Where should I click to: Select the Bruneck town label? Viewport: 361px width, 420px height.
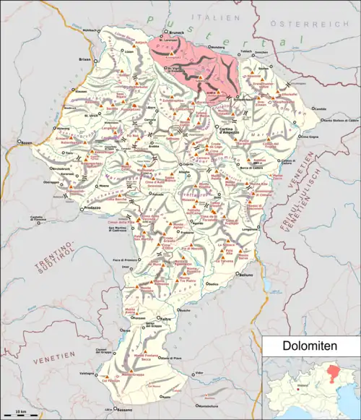click(x=176, y=33)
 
